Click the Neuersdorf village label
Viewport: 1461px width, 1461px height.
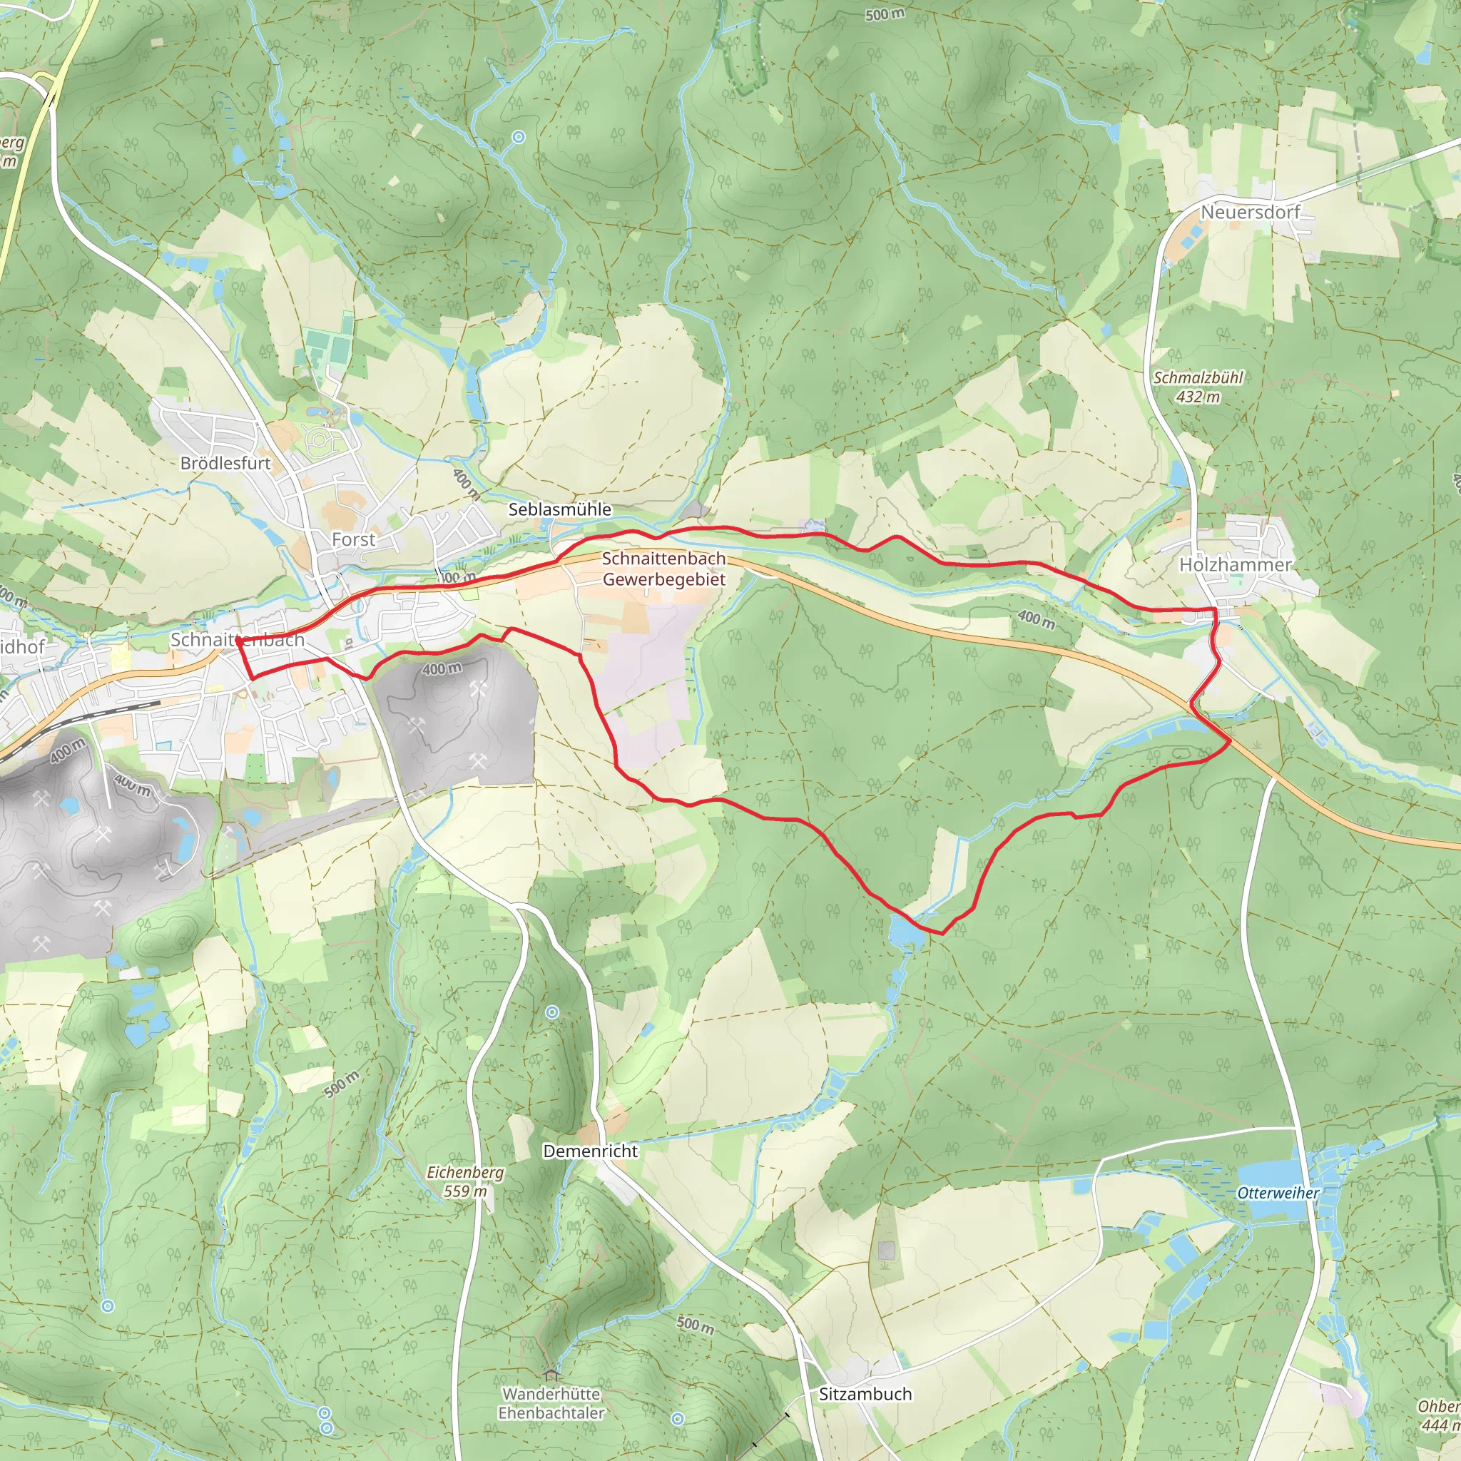[x=1249, y=213]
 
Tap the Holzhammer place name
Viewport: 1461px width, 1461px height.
[x=1235, y=565]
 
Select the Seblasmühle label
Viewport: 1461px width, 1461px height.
[x=559, y=509]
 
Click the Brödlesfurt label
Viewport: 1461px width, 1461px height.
[x=225, y=464]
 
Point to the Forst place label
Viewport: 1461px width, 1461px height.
[x=353, y=540]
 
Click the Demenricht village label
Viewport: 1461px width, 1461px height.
[x=591, y=1151]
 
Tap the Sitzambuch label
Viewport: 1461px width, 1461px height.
[x=865, y=1394]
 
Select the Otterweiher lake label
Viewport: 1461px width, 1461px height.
[x=1278, y=1193]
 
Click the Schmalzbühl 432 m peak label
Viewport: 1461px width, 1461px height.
[x=1198, y=387]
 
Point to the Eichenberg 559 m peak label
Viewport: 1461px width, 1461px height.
[x=465, y=1181]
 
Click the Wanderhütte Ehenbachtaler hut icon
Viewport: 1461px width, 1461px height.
[x=551, y=1374]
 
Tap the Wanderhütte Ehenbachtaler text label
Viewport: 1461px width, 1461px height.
[x=551, y=1403]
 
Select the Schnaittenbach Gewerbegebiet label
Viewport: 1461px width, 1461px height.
[x=664, y=569]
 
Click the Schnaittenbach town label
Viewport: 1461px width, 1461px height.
[x=238, y=640]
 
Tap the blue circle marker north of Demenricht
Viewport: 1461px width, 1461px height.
[x=552, y=1012]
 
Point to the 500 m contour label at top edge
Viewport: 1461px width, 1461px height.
[x=884, y=14]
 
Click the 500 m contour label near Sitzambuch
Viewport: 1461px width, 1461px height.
[x=694, y=1325]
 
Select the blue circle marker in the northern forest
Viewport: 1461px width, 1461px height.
[x=518, y=137]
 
